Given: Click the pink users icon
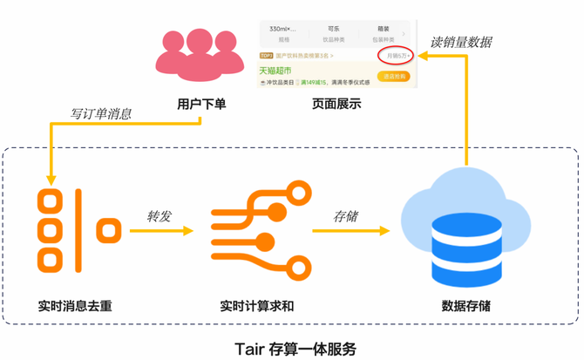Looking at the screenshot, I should [200, 54].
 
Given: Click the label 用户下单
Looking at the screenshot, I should [201, 105].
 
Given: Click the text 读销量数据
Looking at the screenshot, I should [461, 42].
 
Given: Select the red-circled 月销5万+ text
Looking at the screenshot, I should [397, 56].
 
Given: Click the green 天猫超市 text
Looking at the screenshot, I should [275, 71].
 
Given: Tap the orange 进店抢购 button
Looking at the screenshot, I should [393, 77].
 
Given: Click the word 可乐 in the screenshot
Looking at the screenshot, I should [334, 29].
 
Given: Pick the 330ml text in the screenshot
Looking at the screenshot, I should [283, 29].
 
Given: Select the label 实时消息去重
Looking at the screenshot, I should [75, 306].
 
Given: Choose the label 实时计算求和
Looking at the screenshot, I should [257, 306].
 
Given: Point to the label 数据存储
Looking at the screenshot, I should [466, 306].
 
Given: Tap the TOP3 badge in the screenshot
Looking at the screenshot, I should [267, 56].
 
